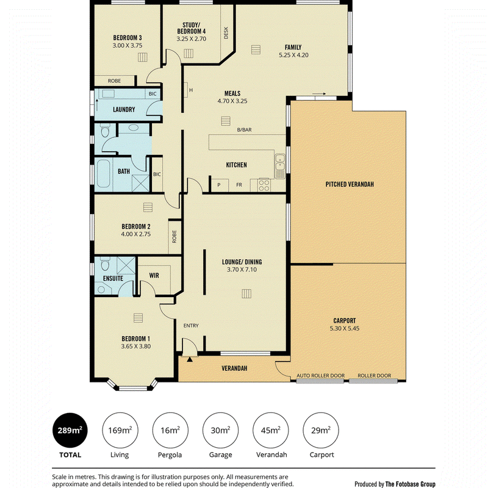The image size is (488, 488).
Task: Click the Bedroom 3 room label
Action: [x=127, y=38]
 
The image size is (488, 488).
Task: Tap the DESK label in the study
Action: [x=226, y=33]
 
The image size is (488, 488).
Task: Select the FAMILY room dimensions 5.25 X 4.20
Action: [x=293, y=55]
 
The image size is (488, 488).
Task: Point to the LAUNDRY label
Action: [x=124, y=110]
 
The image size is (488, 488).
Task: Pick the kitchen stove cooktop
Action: [x=264, y=185]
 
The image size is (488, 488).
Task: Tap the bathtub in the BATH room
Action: [x=103, y=174]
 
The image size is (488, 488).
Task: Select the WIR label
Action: [x=154, y=276]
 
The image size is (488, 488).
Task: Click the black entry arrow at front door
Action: [x=190, y=359]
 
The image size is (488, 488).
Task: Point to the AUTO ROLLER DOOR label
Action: [x=321, y=376]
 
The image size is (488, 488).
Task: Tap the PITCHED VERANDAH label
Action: [x=350, y=184]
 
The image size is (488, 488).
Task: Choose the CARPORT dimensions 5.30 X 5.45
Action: [x=345, y=328]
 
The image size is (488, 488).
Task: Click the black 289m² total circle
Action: [x=70, y=431]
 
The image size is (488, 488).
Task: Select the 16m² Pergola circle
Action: [x=170, y=431]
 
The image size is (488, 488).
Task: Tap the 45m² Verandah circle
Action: [x=270, y=431]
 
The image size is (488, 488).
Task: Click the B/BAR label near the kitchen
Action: [x=245, y=130]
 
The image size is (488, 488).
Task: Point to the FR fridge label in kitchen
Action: [x=239, y=185]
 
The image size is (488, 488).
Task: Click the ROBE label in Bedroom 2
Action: [x=174, y=237]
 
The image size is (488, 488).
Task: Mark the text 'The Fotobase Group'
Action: [x=410, y=484]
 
